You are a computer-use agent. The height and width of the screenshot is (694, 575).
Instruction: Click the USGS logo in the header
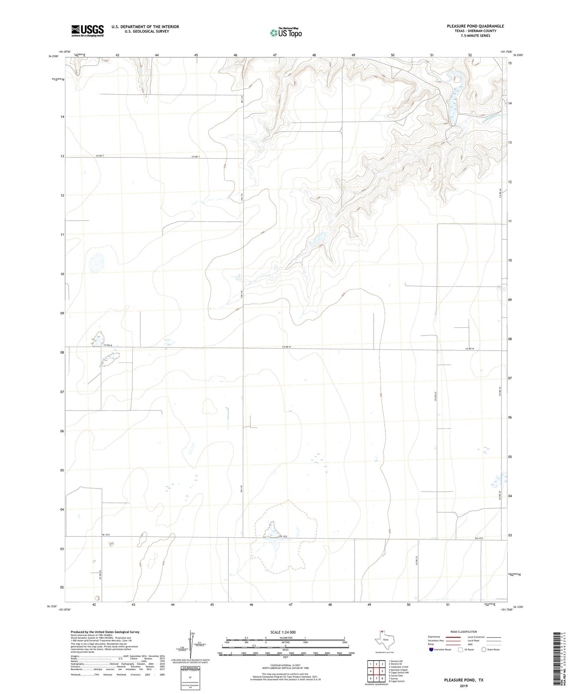click(88, 31)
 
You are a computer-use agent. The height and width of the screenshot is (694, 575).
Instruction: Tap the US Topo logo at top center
click(285, 32)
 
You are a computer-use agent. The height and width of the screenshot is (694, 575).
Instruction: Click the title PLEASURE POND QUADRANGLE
click(475, 26)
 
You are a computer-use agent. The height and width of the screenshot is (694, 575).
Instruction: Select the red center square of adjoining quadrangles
click(376, 671)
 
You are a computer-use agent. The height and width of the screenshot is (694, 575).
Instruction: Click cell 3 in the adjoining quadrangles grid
click(382, 664)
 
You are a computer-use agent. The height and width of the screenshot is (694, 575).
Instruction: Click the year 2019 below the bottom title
click(464, 686)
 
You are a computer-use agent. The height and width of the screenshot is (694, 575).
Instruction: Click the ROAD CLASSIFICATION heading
click(464, 632)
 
